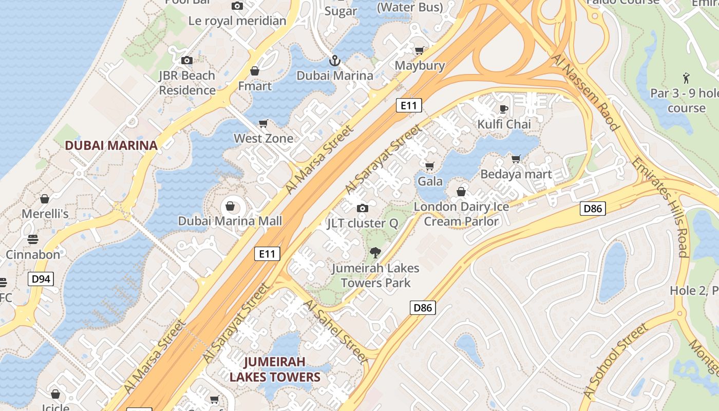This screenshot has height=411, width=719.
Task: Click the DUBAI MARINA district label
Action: coord(111,145)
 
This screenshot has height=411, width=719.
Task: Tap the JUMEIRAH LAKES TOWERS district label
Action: coord(275,369)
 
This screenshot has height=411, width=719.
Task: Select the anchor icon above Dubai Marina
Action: coord(335,61)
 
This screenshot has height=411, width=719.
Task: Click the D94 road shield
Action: coord(41,279)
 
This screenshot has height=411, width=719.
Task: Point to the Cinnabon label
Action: coord(33,254)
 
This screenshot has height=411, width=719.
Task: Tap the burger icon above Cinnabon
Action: coord(33,239)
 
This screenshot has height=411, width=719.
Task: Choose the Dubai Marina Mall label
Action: coord(230,221)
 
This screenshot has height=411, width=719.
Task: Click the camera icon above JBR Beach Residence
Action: coord(187,61)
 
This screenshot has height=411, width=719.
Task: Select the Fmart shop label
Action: coord(255,86)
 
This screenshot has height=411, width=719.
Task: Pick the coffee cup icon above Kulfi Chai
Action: coord(504,109)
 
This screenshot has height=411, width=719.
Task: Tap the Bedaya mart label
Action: coord(516,174)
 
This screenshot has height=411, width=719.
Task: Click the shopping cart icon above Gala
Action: coord(430,166)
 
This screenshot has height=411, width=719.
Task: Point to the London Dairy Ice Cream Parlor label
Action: coord(461,214)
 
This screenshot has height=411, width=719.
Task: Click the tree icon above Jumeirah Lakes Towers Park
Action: coord(375,253)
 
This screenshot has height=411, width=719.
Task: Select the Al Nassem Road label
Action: coord(585,92)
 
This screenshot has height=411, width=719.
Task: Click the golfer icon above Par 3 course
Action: coord(686,78)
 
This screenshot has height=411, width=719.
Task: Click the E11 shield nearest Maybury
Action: coord(409,106)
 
